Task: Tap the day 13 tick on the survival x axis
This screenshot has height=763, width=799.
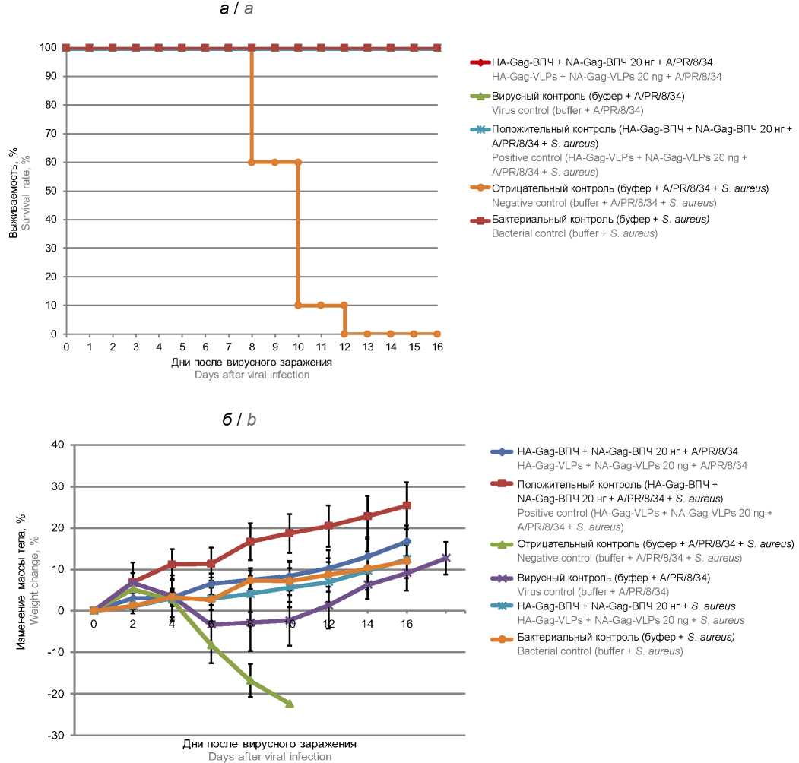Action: (x=367, y=347)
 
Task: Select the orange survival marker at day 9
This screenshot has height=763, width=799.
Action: (x=274, y=162)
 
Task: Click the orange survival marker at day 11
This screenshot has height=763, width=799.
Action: (x=321, y=305)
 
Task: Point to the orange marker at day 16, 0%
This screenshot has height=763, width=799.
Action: (x=437, y=334)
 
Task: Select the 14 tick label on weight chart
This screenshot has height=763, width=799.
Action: (x=368, y=624)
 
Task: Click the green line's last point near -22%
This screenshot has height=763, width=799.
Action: (x=290, y=704)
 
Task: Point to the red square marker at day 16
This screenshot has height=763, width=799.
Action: (x=407, y=505)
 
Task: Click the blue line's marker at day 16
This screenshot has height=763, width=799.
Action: (x=407, y=541)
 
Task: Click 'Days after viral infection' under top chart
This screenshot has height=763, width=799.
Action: (x=252, y=375)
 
